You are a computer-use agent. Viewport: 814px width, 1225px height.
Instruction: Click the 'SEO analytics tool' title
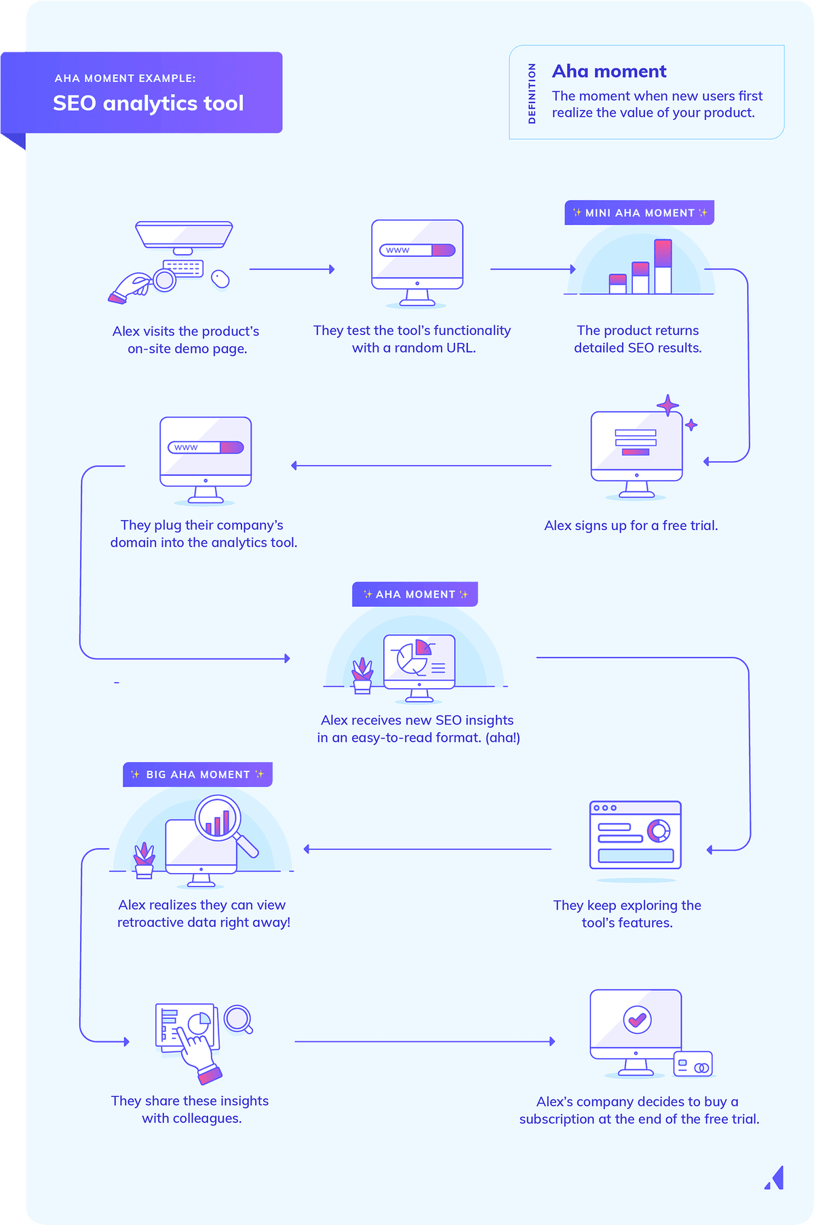click(x=148, y=103)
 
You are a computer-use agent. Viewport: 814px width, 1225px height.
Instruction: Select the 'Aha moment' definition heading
click(x=609, y=71)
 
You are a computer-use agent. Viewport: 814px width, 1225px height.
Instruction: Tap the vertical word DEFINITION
click(x=532, y=94)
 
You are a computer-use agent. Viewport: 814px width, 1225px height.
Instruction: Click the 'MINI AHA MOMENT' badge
click(x=640, y=213)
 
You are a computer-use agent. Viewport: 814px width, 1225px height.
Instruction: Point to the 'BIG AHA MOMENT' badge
click(x=197, y=774)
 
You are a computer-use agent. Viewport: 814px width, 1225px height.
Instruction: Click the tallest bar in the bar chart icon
click(x=663, y=266)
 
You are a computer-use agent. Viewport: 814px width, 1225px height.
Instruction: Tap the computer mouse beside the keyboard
click(x=220, y=279)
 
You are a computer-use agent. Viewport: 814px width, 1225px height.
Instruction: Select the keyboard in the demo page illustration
click(x=183, y=268)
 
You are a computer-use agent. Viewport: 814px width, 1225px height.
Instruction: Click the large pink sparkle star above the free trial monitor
click(x=668, y=405)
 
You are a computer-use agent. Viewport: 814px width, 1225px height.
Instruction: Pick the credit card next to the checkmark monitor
click(x=693, y=1064)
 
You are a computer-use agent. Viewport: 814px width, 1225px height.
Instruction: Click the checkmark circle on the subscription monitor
click(x=637, y=1019)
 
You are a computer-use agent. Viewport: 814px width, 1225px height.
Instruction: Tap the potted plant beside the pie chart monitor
click(x=362, y=675)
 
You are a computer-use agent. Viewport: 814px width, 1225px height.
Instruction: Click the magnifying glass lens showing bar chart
click(x=218, y=818)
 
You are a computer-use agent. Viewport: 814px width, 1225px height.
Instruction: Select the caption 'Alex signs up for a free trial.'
click(x=631, y=525)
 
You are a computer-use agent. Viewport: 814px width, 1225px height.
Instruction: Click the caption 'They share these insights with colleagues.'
click(x=191, y=1110)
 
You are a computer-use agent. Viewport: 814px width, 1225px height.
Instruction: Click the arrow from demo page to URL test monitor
click(x=292, y=269)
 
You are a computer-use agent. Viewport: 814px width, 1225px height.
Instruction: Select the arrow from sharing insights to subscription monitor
click(x=425, y=1041)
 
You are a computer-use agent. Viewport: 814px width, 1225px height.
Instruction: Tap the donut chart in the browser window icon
click(x=659, y=830)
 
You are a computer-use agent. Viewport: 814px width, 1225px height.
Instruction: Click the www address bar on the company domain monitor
click(x=206, y=447)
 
